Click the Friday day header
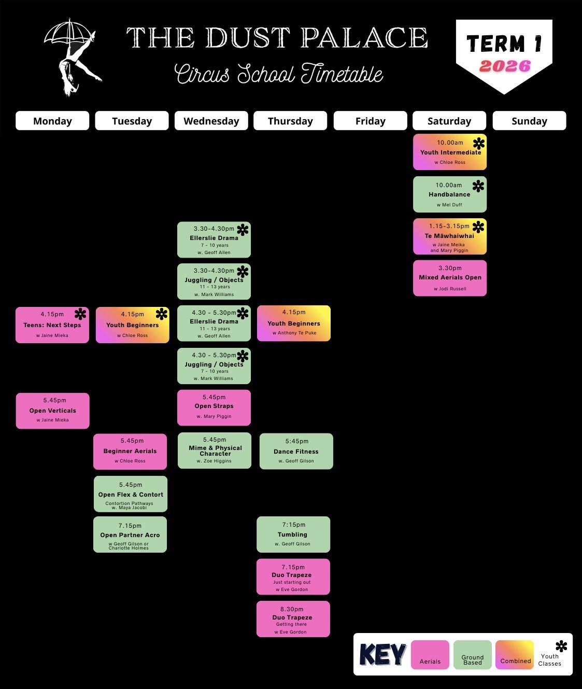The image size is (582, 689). tap(370, 121)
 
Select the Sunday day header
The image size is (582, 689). tap(529, 121)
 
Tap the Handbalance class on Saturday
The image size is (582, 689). tap(449, 194)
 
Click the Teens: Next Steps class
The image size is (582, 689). tap(52, 325)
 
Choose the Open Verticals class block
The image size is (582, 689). tap(52, 411)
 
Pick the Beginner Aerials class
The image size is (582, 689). tap(130, 451)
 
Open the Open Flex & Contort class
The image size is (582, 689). tap(131, 494)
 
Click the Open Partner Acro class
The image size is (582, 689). tap(130, 535)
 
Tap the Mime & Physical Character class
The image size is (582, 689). tap(215, 450)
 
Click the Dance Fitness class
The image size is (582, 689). tap(296, 451)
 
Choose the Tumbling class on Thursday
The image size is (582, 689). tap(293, 534)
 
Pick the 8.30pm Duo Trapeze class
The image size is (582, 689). tap(293, 618)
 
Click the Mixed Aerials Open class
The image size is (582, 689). tap(450, 278)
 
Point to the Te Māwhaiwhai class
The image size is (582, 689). tap(449, 236)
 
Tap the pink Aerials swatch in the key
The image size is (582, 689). tap(430, 654)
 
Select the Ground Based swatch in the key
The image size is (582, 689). tap(472, 654)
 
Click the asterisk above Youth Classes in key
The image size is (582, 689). tap(561, 646)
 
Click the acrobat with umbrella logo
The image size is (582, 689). tap(73, 57)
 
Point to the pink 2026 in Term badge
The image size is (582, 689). tap(505, 66)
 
